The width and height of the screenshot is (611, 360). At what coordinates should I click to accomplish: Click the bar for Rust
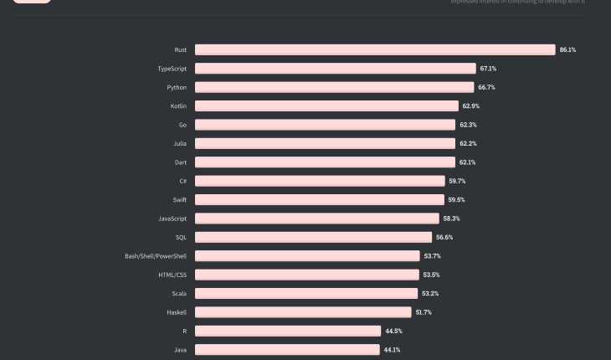[x=375, y=49]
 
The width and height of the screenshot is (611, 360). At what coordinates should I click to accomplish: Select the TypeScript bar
[x=335, y=69]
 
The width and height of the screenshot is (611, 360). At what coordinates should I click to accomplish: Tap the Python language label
[x=177, y=87]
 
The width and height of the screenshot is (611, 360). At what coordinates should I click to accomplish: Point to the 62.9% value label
[x=470, y=106]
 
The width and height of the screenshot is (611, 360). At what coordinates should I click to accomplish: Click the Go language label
[x=182, y=125]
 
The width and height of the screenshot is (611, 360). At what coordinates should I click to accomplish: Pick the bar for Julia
[x=325, y=144]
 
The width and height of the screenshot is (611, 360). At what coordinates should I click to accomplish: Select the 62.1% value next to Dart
[x=467, y=162]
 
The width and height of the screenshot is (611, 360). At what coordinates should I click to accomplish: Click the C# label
[x=182, y=181]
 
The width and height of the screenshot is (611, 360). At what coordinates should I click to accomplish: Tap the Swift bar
[x=320, y=200]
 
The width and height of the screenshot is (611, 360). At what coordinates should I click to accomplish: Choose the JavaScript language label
[x=172, y=219]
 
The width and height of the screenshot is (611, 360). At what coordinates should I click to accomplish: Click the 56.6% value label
[x=444, y=238]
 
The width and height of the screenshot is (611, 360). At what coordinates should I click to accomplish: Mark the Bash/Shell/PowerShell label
[x=156, y=256]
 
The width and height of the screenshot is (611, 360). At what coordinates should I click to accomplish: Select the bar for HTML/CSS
[x=307, y=275]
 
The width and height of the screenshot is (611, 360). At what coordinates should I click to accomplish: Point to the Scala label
[x=178, y=294]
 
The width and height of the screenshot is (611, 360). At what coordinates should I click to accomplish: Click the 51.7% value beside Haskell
[x=424, y=312]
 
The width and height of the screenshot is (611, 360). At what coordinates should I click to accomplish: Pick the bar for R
[x=288, y=332]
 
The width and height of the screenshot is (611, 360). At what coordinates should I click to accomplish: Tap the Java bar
[x=287, y=350]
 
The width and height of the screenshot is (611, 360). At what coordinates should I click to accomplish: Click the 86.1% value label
[x=567, y=50]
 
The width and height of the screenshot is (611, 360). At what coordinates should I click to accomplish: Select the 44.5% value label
[x=393, y=332]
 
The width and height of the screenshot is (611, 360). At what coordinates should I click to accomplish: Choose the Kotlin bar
[x=326, y=106]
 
